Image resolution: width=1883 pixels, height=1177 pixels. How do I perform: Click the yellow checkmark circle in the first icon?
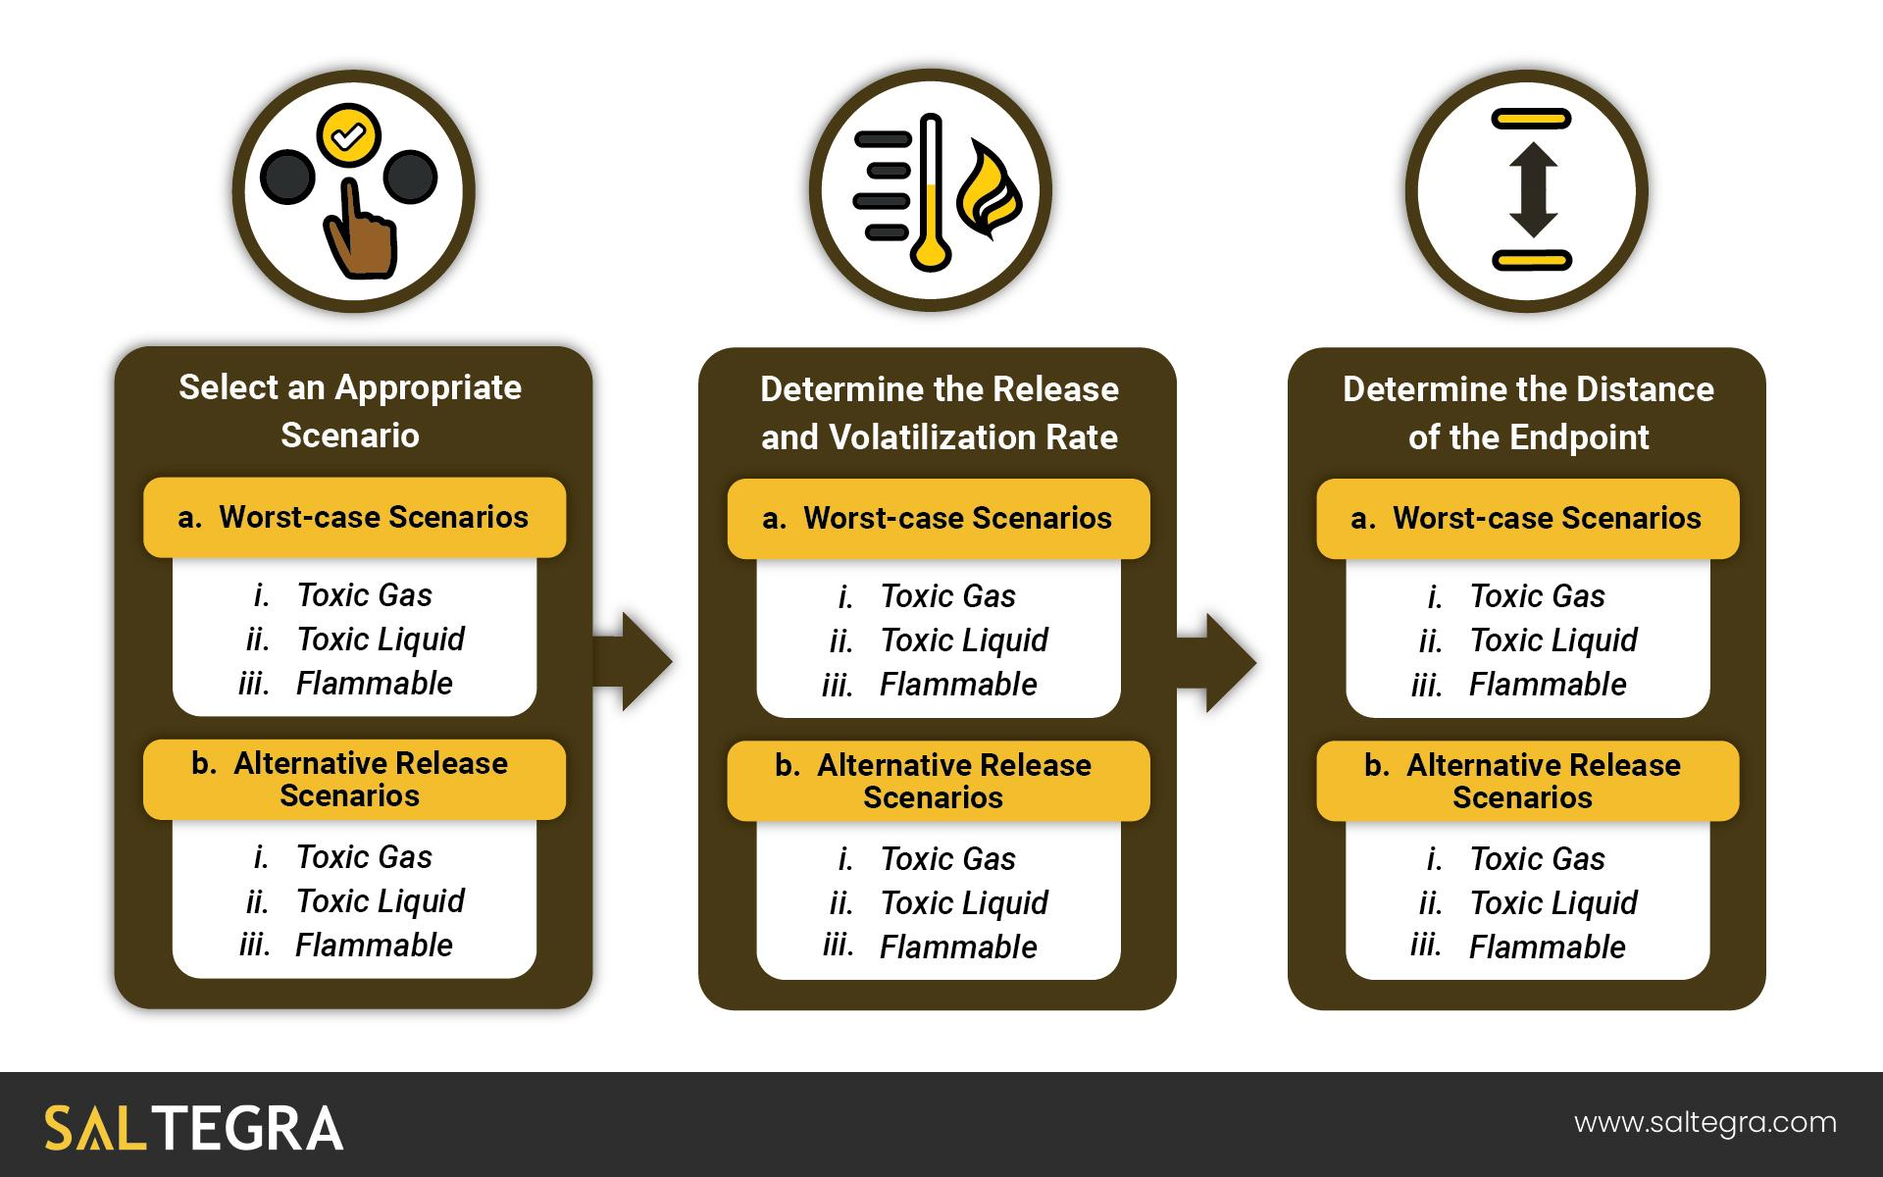(x=348, y=136)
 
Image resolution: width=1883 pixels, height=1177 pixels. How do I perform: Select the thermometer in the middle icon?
(x=930, y=192)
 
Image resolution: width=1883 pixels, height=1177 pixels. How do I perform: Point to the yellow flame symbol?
(x=989, y=189)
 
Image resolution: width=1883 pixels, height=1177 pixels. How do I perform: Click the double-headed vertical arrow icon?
(x=1532, y=190)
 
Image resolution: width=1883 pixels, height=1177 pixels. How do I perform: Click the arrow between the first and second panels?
(x=633, y=662)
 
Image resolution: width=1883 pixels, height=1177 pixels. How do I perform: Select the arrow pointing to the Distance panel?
(x=1216, y=662)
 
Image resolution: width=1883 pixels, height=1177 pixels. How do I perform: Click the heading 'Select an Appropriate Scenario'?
(x=350, y=411)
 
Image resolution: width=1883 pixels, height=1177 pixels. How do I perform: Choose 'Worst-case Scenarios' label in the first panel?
(x=373, y=517)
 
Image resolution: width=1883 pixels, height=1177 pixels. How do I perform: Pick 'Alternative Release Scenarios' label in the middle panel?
(x=953, y=781)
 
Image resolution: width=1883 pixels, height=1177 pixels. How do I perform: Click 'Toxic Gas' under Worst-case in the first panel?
(x=364, y=595)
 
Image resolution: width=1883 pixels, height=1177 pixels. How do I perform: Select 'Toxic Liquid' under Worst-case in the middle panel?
(x=964, y=640)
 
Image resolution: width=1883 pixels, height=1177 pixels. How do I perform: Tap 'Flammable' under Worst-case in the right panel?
(x=1548, y=685)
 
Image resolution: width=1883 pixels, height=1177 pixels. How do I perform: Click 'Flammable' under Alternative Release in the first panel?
(x=374, y=946)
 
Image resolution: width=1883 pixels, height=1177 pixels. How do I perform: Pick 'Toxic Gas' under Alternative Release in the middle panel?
(x=948, y=859)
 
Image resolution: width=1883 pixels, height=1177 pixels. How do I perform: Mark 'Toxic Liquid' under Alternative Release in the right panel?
(x=1553, y=903)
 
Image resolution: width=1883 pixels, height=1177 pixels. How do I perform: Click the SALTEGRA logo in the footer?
(x=194, y=1128)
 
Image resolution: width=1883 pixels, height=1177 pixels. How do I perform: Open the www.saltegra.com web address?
(x=1705, y=1123)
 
